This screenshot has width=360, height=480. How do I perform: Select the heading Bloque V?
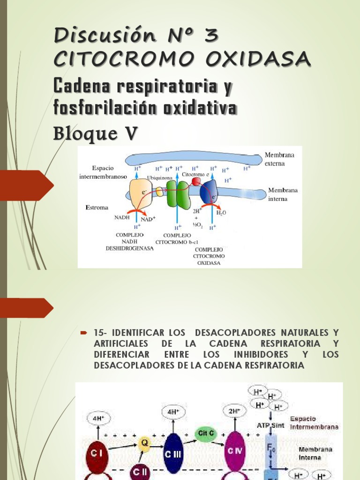tap(96, 133)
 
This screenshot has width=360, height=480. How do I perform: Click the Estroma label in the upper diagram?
tap(97, 207)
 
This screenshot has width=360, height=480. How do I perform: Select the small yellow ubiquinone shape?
tap(159, 191)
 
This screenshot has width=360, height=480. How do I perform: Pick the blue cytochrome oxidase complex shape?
tap(208, 193)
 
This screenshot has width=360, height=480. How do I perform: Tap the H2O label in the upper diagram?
tap(221, 212)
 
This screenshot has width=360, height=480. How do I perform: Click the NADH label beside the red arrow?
tap(121, 217)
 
